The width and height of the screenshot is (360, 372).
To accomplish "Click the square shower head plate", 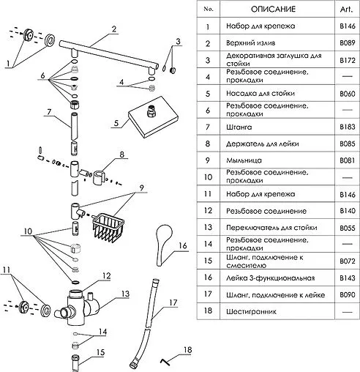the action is [153, 117].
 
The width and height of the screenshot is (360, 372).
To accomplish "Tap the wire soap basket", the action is [108, 228].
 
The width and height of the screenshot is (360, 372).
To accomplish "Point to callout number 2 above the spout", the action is [114, 29].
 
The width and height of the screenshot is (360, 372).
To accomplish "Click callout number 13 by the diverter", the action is [125, 294].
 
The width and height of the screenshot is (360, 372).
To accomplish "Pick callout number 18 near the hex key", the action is [187, 350].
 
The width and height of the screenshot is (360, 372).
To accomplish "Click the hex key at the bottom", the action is [165, 362].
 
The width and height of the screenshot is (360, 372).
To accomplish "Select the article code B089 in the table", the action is [348, 43].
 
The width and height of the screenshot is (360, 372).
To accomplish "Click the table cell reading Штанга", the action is [239, 127].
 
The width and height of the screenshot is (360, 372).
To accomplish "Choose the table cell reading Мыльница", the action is [244, 160].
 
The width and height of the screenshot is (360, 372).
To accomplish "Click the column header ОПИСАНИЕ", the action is [273, 10].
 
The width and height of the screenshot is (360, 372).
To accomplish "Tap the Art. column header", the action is [346, 10].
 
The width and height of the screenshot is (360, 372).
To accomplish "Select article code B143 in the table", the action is [348, 278].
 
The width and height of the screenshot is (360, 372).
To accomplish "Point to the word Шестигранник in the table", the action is [251, 312].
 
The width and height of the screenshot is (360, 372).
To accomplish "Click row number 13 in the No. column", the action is [208, 227].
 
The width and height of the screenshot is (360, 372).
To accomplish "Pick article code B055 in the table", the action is [348, 228].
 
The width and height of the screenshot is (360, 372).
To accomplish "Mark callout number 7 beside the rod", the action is [49, 112].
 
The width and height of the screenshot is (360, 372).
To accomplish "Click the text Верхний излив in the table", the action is [251, 43].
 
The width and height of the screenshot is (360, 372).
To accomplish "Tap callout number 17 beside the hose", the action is [173, 302].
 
